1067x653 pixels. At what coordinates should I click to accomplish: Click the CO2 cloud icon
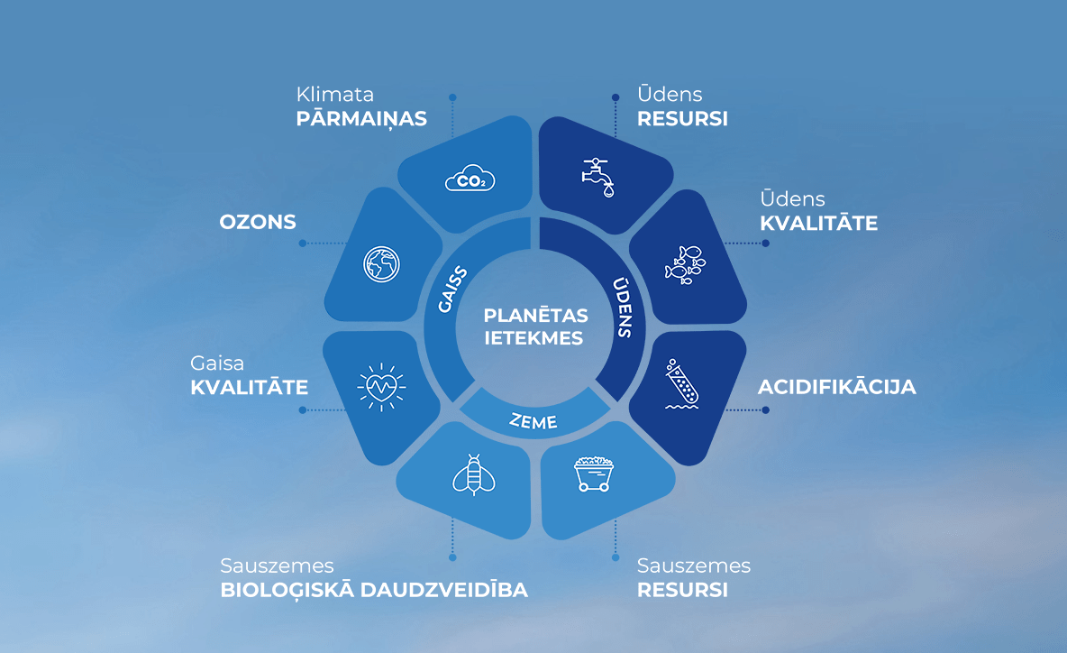470,179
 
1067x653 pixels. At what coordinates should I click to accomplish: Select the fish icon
685,265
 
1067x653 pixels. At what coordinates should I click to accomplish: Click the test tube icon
682,385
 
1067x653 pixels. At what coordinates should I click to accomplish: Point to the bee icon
474,474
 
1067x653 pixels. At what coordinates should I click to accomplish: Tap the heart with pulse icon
381,388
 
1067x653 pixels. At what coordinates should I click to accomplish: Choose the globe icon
381,264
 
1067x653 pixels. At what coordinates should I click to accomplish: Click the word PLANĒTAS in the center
535,316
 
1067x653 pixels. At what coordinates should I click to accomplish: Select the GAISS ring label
452,290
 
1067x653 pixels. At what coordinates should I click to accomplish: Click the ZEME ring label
533,421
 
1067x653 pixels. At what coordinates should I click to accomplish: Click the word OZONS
258,222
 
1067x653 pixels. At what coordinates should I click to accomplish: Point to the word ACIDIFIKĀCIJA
837,387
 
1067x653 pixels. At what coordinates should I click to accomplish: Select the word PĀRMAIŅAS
361,119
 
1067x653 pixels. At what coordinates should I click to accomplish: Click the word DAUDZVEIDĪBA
443,590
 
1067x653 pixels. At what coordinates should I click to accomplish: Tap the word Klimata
335,94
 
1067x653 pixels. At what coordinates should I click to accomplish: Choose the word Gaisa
217,363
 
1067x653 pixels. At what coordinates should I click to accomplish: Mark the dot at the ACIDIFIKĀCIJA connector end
765,409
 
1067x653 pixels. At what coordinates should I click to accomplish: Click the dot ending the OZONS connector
302,244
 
